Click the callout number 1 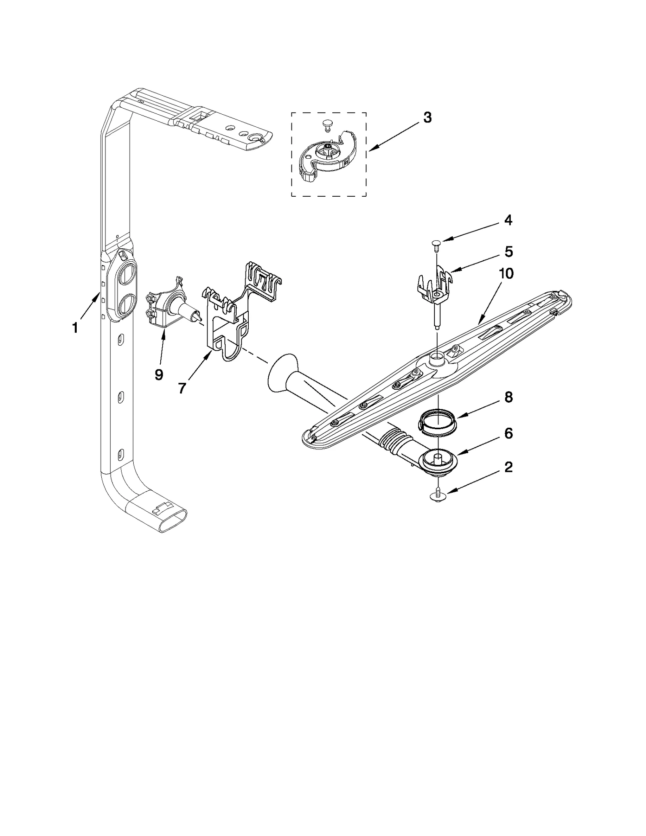75,328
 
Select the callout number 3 427,118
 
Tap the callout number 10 506,274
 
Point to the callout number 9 159,374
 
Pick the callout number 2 508,467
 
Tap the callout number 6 508,433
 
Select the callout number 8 508,397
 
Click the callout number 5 508,252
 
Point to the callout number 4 508,220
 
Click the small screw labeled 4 436,244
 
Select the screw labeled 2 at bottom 438,495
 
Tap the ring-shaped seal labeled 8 437,423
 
